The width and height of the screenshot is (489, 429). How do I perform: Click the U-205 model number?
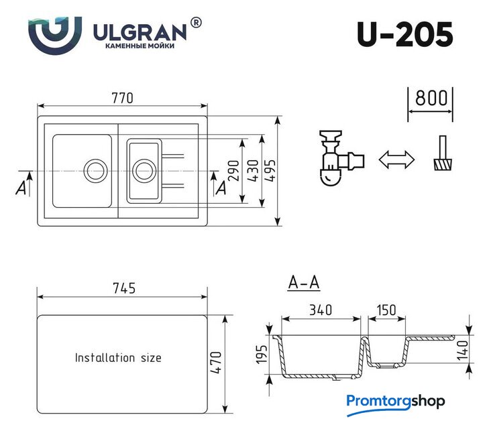tap(404, 34)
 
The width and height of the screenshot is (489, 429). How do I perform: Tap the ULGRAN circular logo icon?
tap(55, 36)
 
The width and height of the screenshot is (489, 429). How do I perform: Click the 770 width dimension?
tap(122, 98)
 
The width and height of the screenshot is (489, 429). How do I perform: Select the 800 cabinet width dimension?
tap(431, 98)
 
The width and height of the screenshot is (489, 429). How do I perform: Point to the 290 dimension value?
tap(234, 170)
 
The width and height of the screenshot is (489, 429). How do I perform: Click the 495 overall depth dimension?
tap(270, 170)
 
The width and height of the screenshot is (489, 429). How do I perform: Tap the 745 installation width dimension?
tap(124, 288)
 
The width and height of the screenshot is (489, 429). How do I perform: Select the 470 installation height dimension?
tap(215, 362)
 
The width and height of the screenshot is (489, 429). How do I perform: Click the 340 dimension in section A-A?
tap(321, 310)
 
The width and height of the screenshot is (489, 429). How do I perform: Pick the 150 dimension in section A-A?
tap(386, 310)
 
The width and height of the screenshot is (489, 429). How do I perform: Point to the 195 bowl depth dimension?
tap(262, 354)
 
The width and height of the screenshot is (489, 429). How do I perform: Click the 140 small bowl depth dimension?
tap(463, 350)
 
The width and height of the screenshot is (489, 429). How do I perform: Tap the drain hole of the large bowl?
tap(95, 171)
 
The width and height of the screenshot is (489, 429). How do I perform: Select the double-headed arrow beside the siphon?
tap(396, 160)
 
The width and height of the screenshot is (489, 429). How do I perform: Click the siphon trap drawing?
tap(341, 158)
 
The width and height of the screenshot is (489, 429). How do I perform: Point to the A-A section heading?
tap(304, 283)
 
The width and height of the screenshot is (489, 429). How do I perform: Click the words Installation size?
tap(118, 358)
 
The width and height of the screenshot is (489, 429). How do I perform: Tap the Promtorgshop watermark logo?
tap(396, 404)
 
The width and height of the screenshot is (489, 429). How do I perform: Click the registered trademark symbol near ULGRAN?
tap(196, 23)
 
